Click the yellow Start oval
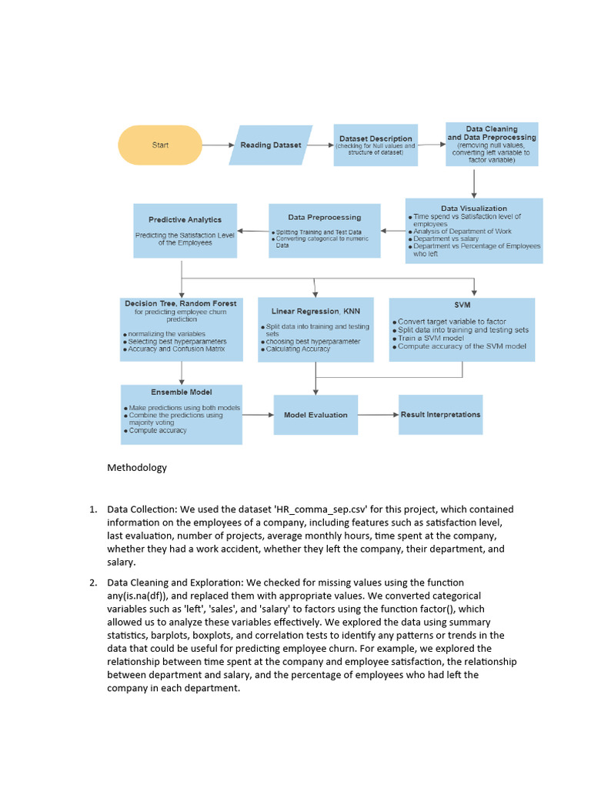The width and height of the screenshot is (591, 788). pos(160,145)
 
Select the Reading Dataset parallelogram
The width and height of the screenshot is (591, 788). pos(271,145)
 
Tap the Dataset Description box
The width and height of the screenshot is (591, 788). pos(376,145)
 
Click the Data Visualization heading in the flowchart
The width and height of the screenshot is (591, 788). pos(474,208)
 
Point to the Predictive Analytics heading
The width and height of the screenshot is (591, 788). pos(185,219)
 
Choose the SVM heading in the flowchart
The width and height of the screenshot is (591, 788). pos(462,305)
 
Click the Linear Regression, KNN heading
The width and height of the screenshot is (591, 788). pos(316,311)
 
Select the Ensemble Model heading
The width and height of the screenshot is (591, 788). pos(182,392)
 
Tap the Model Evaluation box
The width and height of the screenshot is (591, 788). pos(316,415)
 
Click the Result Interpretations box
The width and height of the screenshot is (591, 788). pos(440,414)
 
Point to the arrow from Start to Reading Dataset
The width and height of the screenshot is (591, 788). pos(217,145)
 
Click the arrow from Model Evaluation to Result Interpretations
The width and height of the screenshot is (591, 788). pos(378,415)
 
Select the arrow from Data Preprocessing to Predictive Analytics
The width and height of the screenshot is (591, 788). pos(253,231)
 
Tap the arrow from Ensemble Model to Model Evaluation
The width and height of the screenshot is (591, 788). pos(259,415)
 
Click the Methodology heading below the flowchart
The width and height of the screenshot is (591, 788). pos(137,467)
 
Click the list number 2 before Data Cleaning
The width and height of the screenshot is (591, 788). pos(92,583)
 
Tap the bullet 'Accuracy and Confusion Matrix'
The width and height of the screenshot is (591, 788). pos(177,349)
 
